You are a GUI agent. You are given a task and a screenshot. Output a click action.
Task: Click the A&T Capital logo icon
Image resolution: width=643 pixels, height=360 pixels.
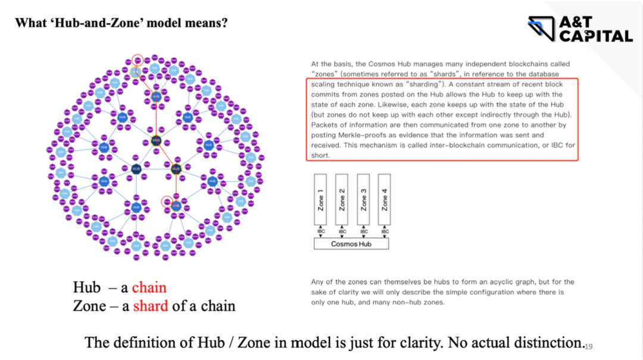(x=542, y=29)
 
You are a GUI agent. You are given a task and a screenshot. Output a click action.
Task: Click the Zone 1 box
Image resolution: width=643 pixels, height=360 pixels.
(x=321, y=199)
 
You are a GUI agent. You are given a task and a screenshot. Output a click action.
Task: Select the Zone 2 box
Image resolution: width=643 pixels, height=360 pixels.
(x=342, y=199)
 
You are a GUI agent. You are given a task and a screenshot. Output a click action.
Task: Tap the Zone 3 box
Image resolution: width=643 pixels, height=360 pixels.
(x=364, y=199)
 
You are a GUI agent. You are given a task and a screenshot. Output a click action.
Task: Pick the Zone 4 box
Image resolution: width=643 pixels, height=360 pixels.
(x=385, y=199)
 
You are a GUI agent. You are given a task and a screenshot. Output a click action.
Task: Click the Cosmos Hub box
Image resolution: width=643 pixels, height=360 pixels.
(x=351, y=244)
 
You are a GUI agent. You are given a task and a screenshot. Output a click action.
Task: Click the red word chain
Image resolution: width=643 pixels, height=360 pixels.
(x=149, y=287)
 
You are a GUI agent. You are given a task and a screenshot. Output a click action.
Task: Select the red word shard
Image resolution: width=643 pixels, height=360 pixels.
(x=151, y=306)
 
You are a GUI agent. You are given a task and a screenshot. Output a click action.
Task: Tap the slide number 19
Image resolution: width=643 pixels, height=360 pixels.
(x=589, y=346)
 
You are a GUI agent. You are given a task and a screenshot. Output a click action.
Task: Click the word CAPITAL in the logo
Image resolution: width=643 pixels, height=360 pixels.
(x=595, y=36)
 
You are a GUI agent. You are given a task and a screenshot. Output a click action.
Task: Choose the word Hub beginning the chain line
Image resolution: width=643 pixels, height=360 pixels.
(x=87, y=287)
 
